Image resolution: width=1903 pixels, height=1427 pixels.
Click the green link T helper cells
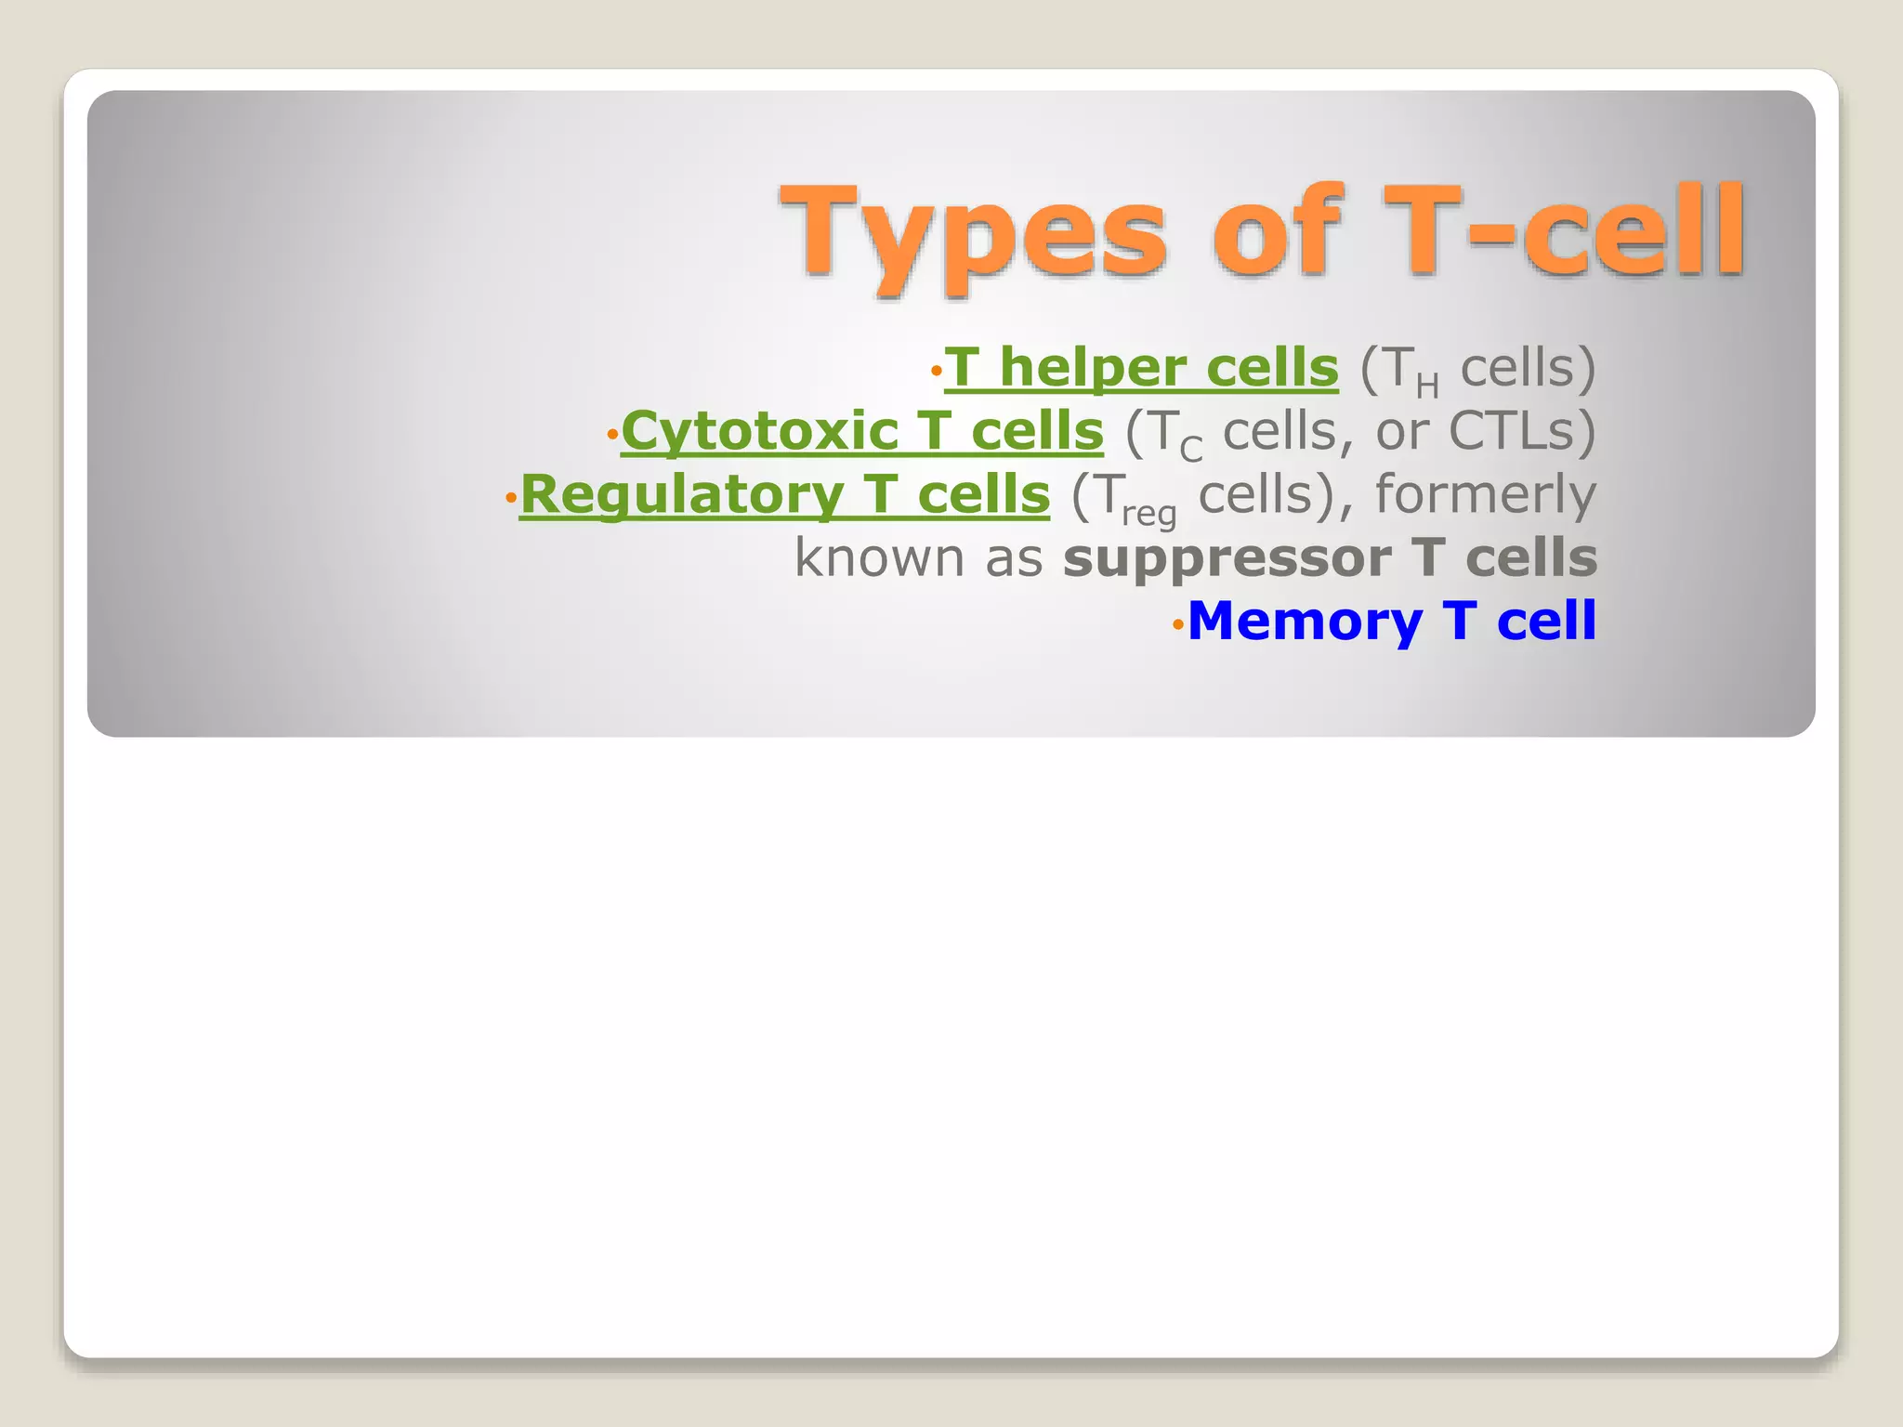point(1141,368)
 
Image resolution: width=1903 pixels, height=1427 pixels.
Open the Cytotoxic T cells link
point(862,431)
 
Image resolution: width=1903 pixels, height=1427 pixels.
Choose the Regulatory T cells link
point(785,494)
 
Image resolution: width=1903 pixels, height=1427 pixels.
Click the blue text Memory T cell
point(1391,621)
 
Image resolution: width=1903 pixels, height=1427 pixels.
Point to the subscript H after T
point(1427,386)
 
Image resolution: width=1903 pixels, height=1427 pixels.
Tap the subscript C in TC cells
point(1191,451)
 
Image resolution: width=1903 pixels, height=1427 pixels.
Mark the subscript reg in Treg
point(1149,513)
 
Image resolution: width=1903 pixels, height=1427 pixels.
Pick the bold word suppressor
point(1227,557)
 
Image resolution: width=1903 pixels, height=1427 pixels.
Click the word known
point(879,557)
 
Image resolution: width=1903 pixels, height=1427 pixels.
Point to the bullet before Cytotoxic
point(611,435)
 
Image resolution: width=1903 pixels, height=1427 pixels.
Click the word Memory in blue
point(1305,621)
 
